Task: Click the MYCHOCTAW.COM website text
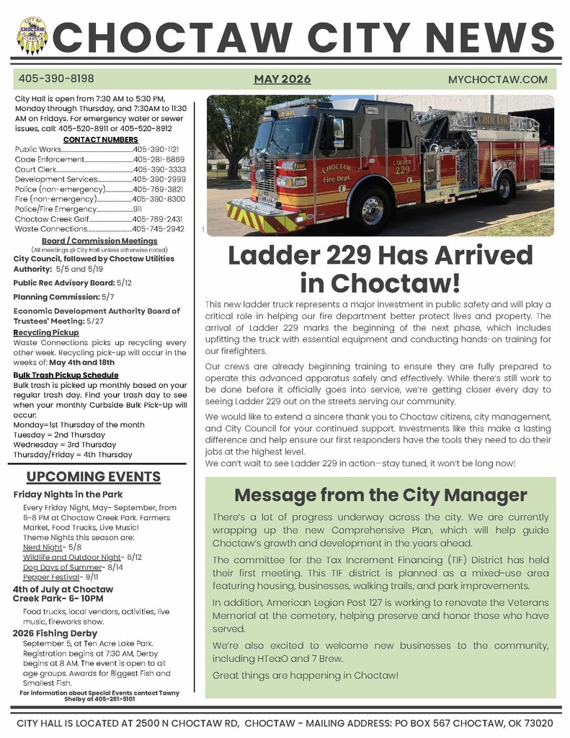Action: (497, 79)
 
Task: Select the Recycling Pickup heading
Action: (45, 332)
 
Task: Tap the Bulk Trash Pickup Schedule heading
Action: (66, 375)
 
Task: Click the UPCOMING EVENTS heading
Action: (93, 477)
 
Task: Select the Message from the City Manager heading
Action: (380, 495)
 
